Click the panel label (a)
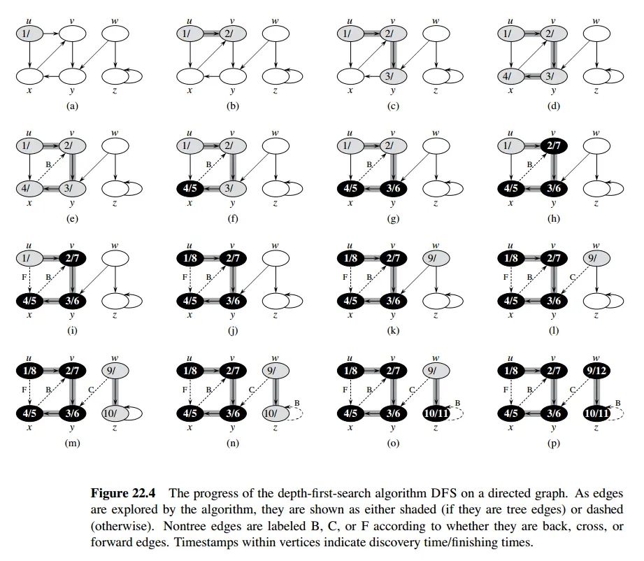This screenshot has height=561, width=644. (71, 106)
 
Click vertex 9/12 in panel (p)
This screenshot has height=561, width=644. (596, 370)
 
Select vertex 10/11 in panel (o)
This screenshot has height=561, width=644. (436, 413)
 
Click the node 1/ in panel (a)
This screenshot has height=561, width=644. (27, 33)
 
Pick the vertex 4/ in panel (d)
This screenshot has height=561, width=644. (512, 76)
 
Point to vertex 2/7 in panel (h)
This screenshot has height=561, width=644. (554, 145)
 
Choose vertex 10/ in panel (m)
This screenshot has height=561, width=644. (112, 413)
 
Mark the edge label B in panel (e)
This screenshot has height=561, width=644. (48, 166)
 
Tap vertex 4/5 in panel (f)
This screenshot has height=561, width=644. (189, 188)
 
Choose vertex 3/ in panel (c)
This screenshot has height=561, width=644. (393, 76)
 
